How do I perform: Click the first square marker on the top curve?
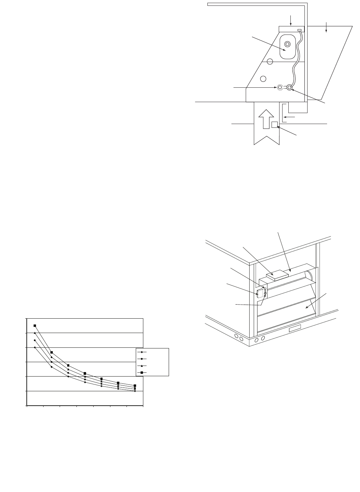[x=35, y=325]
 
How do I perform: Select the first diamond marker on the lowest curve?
[x=35, y=347]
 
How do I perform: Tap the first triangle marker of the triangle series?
[x=35, y=333]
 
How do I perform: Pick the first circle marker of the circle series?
[x=35, y=340]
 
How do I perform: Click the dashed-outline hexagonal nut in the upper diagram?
[x=280, y=88]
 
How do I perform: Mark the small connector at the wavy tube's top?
[x=299, y=30]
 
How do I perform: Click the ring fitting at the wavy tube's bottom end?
[x=289, y=88]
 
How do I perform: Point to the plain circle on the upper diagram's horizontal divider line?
[x=270, y=62]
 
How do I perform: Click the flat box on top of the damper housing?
[x=276, y=275]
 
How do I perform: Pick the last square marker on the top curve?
[x=135, y=385]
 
